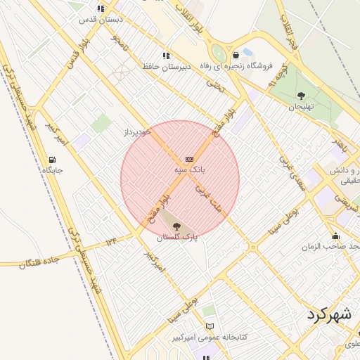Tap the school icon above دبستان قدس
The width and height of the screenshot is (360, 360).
(101, 9)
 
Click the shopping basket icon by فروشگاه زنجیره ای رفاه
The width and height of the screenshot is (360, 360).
(236, 54)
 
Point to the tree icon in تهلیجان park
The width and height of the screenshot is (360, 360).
(302, 96)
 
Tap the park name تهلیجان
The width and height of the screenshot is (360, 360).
(301, 107)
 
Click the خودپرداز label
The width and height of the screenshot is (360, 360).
(138, 131)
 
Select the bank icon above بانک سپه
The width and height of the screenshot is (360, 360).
(189, 159)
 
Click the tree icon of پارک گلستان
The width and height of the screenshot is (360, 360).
(176, 226)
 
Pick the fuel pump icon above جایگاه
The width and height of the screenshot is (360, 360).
(53, 160)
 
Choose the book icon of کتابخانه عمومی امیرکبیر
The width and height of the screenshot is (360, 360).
(210, 326)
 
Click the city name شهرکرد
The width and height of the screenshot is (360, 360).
(329, 314)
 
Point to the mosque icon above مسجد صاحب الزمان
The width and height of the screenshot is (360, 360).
(336, 236)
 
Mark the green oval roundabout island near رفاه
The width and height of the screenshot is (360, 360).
(220, 53)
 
